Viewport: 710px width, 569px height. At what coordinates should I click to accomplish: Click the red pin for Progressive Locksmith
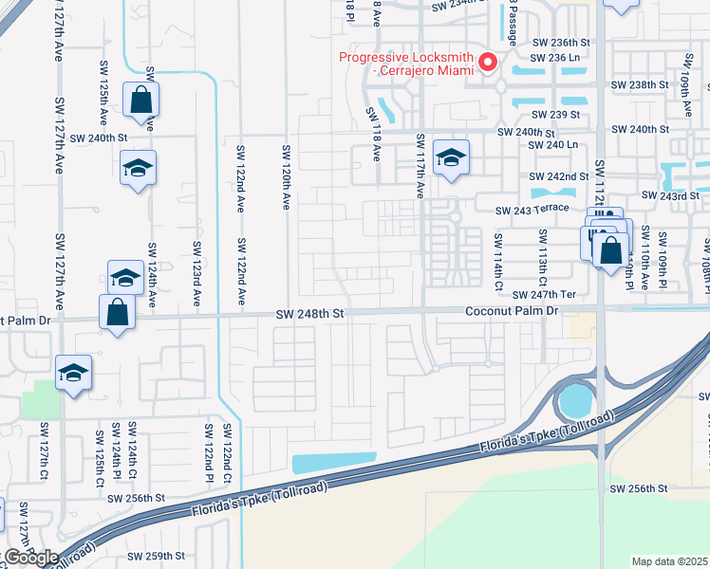pos(489,63)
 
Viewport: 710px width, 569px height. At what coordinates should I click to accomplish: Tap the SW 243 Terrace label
pos(532,209)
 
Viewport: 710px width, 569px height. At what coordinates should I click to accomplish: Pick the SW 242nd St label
pos(561,176)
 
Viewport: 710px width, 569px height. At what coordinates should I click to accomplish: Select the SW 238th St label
pos(641,85)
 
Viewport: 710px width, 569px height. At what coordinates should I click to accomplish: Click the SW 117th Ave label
pos(420,165)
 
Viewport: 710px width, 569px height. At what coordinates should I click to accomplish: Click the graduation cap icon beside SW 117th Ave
pos(451,157)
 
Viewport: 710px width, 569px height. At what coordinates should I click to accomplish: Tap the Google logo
pos(30,558)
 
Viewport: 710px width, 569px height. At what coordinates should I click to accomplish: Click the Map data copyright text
pos(670,561)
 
